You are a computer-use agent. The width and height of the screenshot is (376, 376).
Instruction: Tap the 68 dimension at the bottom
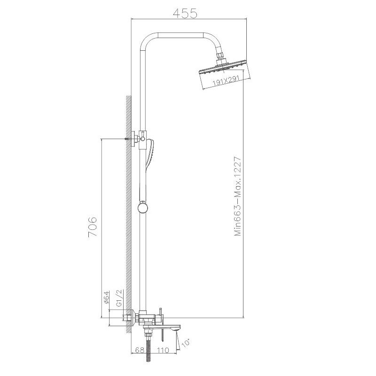[x=139, y=350]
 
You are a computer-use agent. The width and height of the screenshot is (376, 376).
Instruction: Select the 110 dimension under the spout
[x=164, y=350]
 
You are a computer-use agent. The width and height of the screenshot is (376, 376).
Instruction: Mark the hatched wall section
[x=128, y=211]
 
